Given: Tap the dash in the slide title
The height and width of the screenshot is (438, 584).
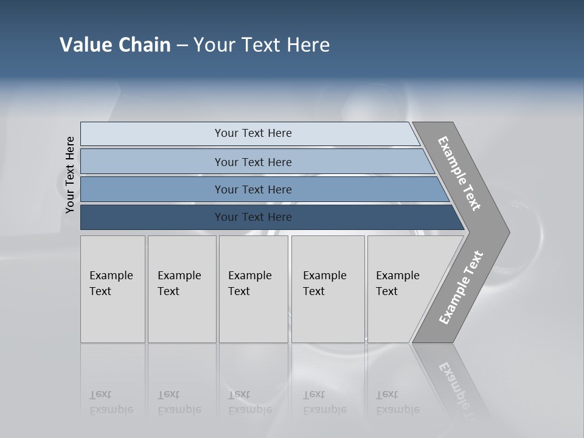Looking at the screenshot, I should pyautogui.click(x=182, y=46).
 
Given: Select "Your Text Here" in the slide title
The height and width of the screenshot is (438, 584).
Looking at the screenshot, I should pyautogui.click(x=262, y=45).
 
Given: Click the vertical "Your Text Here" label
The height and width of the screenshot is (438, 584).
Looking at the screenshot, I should pyautogui.click(x=70, y=175).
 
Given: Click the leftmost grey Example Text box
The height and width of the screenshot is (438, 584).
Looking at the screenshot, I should pyautogui.click(x=113, y=289).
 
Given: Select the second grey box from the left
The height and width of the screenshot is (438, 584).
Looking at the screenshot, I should pyautogui.click(x=181, y=289).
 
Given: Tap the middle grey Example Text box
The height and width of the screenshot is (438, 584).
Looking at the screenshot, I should pyautogui.click(x=253, y=289).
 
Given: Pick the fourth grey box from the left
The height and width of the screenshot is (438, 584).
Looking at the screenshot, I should pyautogui.click(x=327, y=289).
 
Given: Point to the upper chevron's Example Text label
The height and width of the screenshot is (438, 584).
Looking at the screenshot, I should pyautogui.click(x=459, y=173).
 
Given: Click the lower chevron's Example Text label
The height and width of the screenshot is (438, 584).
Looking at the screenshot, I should pyautogui.click(x=461, y=287).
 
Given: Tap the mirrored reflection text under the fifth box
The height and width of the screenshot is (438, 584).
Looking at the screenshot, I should pyautogui.click(x=397, y=403).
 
